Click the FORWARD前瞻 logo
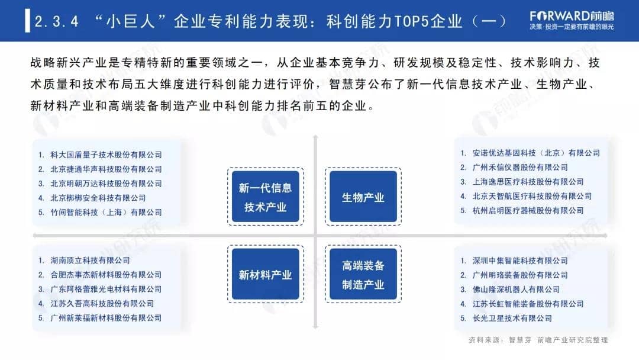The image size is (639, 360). point(572,20)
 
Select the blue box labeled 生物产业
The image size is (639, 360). point(363,197)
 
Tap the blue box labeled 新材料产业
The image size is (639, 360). point(265,274)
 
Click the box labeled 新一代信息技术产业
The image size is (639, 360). point(265,197)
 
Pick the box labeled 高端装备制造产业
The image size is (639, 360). point(363,274)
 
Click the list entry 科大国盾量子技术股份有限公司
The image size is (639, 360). point(106,155)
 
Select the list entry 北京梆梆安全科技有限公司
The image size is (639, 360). point(98,198)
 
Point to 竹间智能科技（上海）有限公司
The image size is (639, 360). point(106,213)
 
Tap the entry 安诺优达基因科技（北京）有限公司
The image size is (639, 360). point(536,153)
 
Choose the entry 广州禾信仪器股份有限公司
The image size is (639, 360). point(520,168)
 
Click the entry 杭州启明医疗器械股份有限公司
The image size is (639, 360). point(528,211)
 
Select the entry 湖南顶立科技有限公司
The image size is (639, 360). point(90,261)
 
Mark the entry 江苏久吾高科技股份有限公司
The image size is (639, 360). point(102,304)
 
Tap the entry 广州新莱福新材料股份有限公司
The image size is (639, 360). point(106,318)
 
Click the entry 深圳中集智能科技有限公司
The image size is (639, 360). point(520,261)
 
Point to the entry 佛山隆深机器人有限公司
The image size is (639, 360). point(516,290)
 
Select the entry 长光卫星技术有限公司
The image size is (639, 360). point(512,319)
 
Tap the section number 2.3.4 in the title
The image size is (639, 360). point(57,21)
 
